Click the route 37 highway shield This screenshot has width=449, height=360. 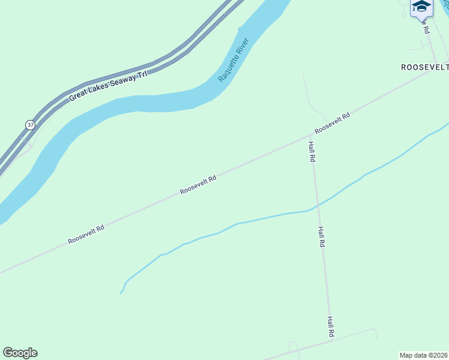[30, 125]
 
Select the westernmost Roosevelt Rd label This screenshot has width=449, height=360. [86, 234]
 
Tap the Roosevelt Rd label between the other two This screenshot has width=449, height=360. [197, 185]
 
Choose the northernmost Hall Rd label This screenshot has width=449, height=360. [312, 152]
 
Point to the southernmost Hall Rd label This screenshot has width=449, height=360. [330, 326]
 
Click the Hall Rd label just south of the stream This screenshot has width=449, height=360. [322, 237]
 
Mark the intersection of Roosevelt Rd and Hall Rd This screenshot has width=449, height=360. [309, 136]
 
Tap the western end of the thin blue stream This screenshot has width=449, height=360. [121, 293]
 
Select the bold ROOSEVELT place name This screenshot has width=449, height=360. [424, 68]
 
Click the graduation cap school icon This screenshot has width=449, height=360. [421, 7]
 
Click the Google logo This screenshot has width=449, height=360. [20, 353]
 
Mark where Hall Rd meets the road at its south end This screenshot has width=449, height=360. [332, 341]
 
